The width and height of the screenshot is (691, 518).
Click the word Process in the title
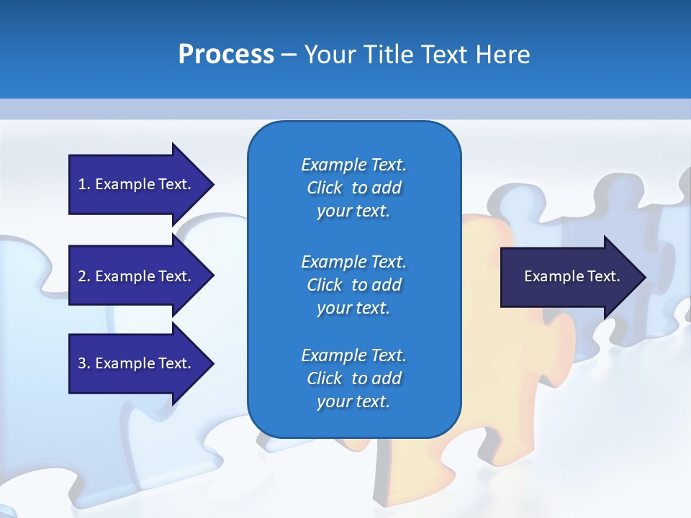(x=226, y=55)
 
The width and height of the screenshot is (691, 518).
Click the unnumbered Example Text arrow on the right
(x=572, y=276)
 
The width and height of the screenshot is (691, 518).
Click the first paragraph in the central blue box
(x=353, y=188)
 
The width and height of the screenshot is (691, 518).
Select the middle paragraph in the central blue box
(x=353, y=285)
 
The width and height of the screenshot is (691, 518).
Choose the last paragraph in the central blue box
(x=353, y=378)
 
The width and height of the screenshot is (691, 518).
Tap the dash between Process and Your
(x=289, y=55)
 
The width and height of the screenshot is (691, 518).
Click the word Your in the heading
(x=330, y=55)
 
